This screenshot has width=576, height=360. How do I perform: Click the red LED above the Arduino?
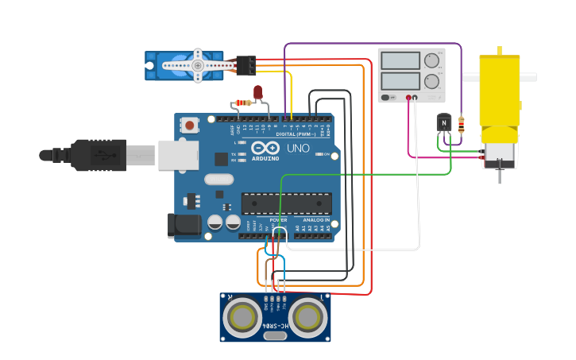click(257, 92)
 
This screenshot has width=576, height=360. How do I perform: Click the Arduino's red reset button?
click(190, 125)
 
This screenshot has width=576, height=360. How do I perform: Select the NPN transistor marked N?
click(444, 122)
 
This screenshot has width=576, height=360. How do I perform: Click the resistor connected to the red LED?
click(243, 103)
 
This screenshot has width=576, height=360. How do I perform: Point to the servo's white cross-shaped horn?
click(197, 65)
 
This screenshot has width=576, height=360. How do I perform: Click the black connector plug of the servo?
click(246, 65)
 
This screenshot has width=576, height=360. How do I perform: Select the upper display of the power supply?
click(400, 61)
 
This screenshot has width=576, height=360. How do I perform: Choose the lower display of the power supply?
click(400, 81)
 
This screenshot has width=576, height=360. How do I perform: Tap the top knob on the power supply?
click(431, 60)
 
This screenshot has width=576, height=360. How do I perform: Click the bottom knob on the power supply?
click(431, 81)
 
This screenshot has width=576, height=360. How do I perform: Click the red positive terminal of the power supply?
click(408, 98)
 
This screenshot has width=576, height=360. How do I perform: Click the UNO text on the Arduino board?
click(298, 148)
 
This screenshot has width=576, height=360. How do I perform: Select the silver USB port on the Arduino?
click(177, 155)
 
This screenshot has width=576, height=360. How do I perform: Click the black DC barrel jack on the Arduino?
click(184, 225)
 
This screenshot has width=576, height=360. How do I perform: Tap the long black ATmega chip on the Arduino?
click(286, 203)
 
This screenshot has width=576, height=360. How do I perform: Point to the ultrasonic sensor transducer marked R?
click(241, 317)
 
